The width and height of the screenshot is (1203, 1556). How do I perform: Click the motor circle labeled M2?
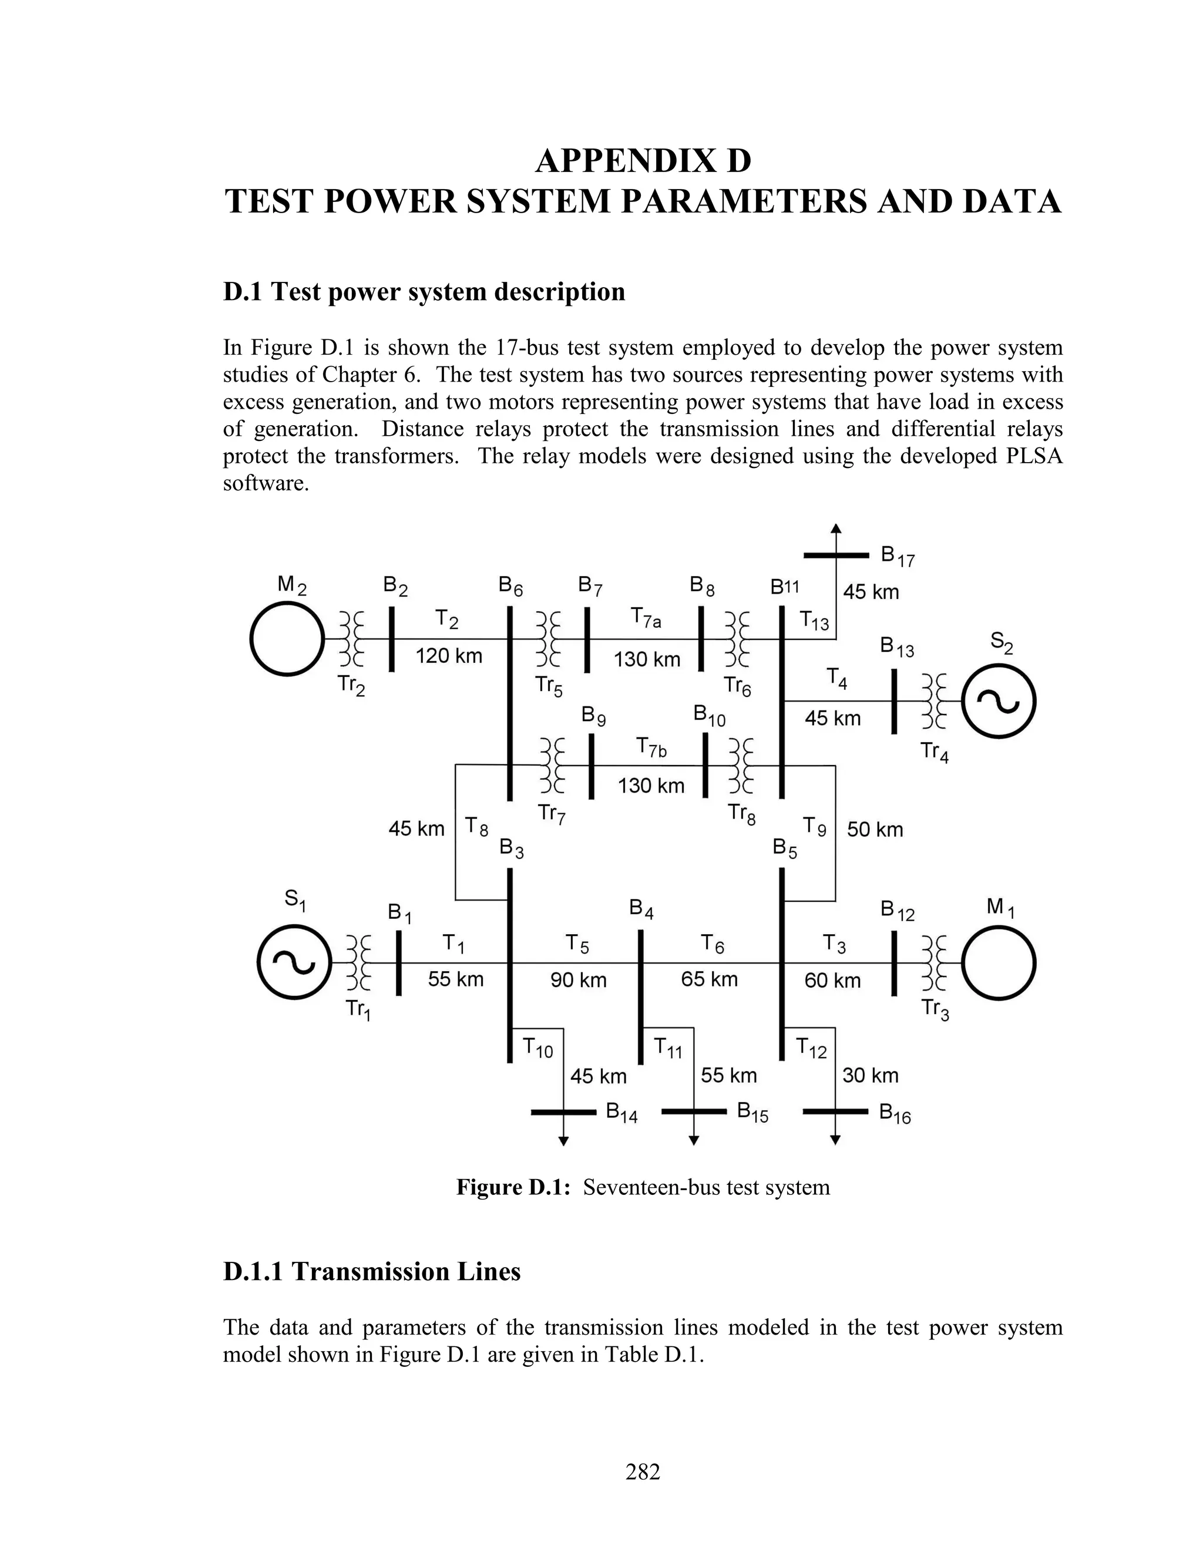click(x=287, y=639)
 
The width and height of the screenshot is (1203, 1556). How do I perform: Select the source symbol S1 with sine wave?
click(x=294, y=962)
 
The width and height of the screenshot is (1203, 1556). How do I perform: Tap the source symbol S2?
click(x=999, y=702)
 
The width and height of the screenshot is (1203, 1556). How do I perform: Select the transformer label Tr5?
click(x=549, y=685)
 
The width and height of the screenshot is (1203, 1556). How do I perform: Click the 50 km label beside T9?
click(x=875, y=829)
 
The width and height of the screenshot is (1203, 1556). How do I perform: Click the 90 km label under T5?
click(x=578, y=981)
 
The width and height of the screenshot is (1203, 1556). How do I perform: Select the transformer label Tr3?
click(x=935, y=1009)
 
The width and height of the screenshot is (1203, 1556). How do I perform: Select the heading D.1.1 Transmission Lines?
click(x=371, y=1272)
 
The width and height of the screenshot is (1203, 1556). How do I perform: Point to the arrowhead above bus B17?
click(x=836, y=528)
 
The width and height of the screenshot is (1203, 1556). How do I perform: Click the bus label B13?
click(x=896, y=648)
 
